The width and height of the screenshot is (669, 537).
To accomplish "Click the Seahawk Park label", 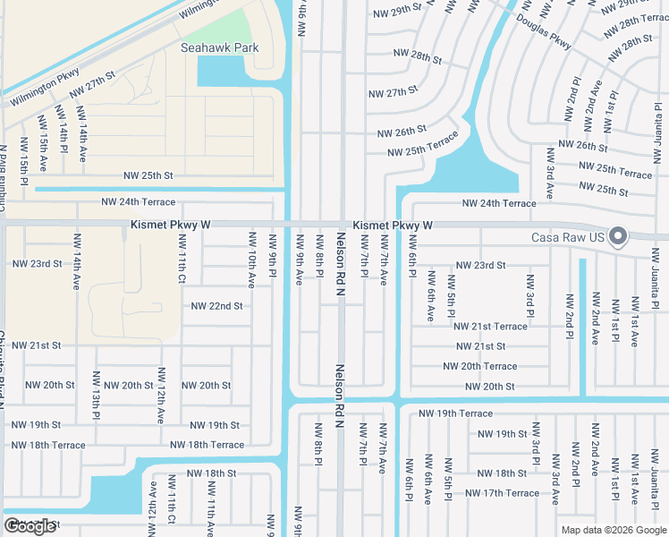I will point(219,47).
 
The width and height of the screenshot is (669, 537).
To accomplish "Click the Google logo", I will point(30,525).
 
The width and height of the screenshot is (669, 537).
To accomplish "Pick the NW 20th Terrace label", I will point(480,366).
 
